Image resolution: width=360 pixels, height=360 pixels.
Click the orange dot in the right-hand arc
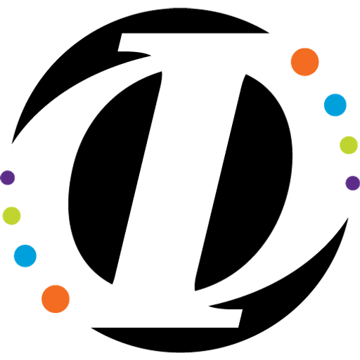pyautogui.click(x=305, y=62)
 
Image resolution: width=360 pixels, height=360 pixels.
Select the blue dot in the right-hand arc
pyautogui.click(x=335, y=105)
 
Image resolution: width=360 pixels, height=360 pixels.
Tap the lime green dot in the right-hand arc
pyautogui.click(x=349, y=145)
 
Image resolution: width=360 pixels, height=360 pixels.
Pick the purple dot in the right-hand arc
pyautogui.click(x=352, y=183)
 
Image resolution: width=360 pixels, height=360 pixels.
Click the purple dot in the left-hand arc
pyautogui.click(x=8, y=178)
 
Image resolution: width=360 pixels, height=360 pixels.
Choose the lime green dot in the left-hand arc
pyautogui.click(x=11, y=216)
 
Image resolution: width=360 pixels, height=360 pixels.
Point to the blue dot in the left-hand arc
pyautogui.click(x=25, y=256)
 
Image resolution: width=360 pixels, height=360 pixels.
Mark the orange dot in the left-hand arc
pyautogui.click(x=56, y=299)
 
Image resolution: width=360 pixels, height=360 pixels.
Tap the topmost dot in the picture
pyautogui.click(x=305, y=62)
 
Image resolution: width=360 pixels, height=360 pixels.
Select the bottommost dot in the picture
pyautogui.click(x=56, y=299)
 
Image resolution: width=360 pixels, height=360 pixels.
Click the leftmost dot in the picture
pyautogui.click(x=8, y=178)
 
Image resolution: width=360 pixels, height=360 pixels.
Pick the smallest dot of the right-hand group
pyautogui.click(x=352, y=183)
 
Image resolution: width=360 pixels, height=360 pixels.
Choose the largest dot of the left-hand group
pyautogui.click(x=56, y=299)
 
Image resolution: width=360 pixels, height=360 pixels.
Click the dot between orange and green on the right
pyautogui.click(x=335, y=105)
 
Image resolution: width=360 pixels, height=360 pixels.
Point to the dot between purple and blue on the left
pyautogui.click(x=11, y=216)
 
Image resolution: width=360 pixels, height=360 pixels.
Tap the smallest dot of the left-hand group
pyautogui.click(x=8, y=178)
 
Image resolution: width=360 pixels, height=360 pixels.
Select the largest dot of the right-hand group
pyautogui.click(x=305, y=62)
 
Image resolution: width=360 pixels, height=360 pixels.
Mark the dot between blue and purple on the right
pyautogui.click(x=349, y=145)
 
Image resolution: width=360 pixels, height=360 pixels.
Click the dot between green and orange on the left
pyautogui.click(x=25, y=256)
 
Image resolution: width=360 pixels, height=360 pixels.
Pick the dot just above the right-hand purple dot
pyautogui.click(x=349, y=145)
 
